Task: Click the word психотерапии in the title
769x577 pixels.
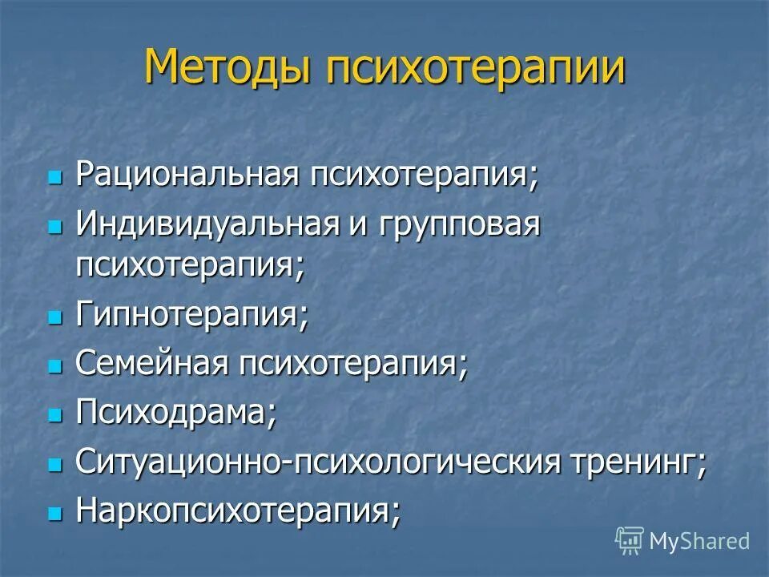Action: coord(476,68)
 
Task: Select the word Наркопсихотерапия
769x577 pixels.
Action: coord(238,510)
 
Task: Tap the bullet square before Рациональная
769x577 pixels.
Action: coord(54,177)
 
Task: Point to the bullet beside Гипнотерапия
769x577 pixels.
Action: coord(54,317)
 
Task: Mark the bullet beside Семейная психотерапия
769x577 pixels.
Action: coord(54,366)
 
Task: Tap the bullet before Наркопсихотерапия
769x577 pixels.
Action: coord(54,514)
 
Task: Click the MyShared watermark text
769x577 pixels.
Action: coord(699,541)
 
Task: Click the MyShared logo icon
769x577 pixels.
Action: coord(630,541)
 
